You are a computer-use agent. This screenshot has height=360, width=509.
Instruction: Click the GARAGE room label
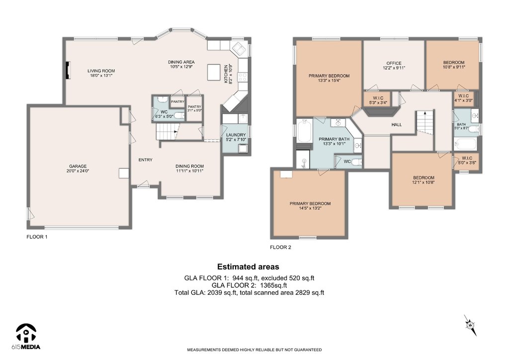[x=78, y=166]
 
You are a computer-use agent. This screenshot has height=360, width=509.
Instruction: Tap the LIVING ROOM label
[x=101, y=71]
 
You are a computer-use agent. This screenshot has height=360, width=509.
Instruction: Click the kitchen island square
[x=214, y=72]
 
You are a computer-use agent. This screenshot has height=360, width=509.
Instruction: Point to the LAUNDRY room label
[x=236, y=135]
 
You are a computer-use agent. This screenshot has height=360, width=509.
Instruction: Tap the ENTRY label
[x=146, y=160]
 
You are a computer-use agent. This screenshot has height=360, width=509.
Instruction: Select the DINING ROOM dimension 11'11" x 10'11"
[x=189, y=171]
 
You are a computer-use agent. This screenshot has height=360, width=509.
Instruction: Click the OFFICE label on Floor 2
[x=394, y=63]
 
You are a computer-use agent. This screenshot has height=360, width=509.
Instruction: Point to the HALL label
[x=397, y=124]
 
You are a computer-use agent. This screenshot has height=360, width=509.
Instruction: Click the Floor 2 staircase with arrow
[x=425, y=121]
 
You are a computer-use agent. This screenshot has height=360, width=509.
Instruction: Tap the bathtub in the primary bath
[x=305, y=131]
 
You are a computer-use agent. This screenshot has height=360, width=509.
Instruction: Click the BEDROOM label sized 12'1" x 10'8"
[x=424, y=178]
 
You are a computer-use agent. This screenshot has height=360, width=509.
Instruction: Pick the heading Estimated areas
[x=248, y=267]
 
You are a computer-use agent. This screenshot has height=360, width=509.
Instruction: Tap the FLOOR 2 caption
[x=280, y=247]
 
